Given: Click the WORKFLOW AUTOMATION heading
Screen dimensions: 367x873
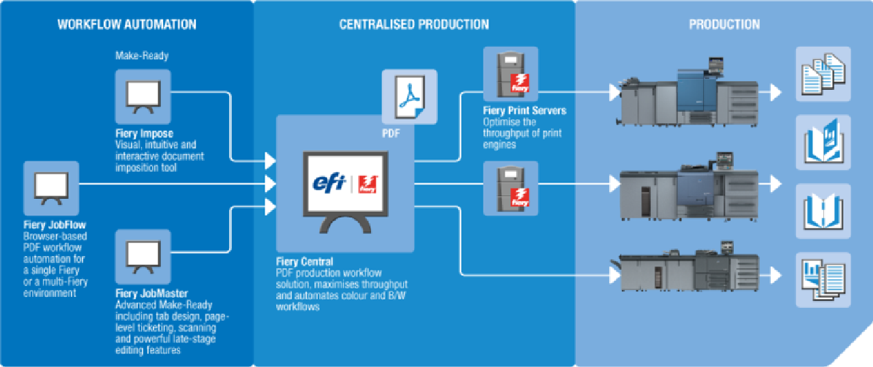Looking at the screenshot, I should [x=127, y=25].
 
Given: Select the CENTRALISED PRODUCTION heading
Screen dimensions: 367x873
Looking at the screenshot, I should [x=414, y=25].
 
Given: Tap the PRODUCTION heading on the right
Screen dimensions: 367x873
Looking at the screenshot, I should [x=724, y=25].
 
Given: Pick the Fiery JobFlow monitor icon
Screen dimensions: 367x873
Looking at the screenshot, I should [x=51, y=188].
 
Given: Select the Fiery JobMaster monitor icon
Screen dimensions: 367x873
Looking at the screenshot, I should [x=143, y=257].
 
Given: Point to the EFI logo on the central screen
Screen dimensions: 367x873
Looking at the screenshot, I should [x=331, y=183].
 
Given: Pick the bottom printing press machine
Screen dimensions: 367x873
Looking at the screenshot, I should [x=689, y=272].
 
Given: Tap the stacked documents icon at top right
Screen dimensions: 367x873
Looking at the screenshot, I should [x=823, y=74].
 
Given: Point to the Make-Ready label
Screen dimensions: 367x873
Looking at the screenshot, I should [x=141, y=56].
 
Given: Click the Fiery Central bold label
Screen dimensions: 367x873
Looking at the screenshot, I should [x=304, y=261].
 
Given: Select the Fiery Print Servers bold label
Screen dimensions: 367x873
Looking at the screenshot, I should [x=524, y=110].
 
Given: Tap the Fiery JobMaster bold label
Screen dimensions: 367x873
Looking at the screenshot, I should [x=151, y=294].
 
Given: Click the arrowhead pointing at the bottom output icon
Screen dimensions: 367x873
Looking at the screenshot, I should [x=775, y=275].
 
